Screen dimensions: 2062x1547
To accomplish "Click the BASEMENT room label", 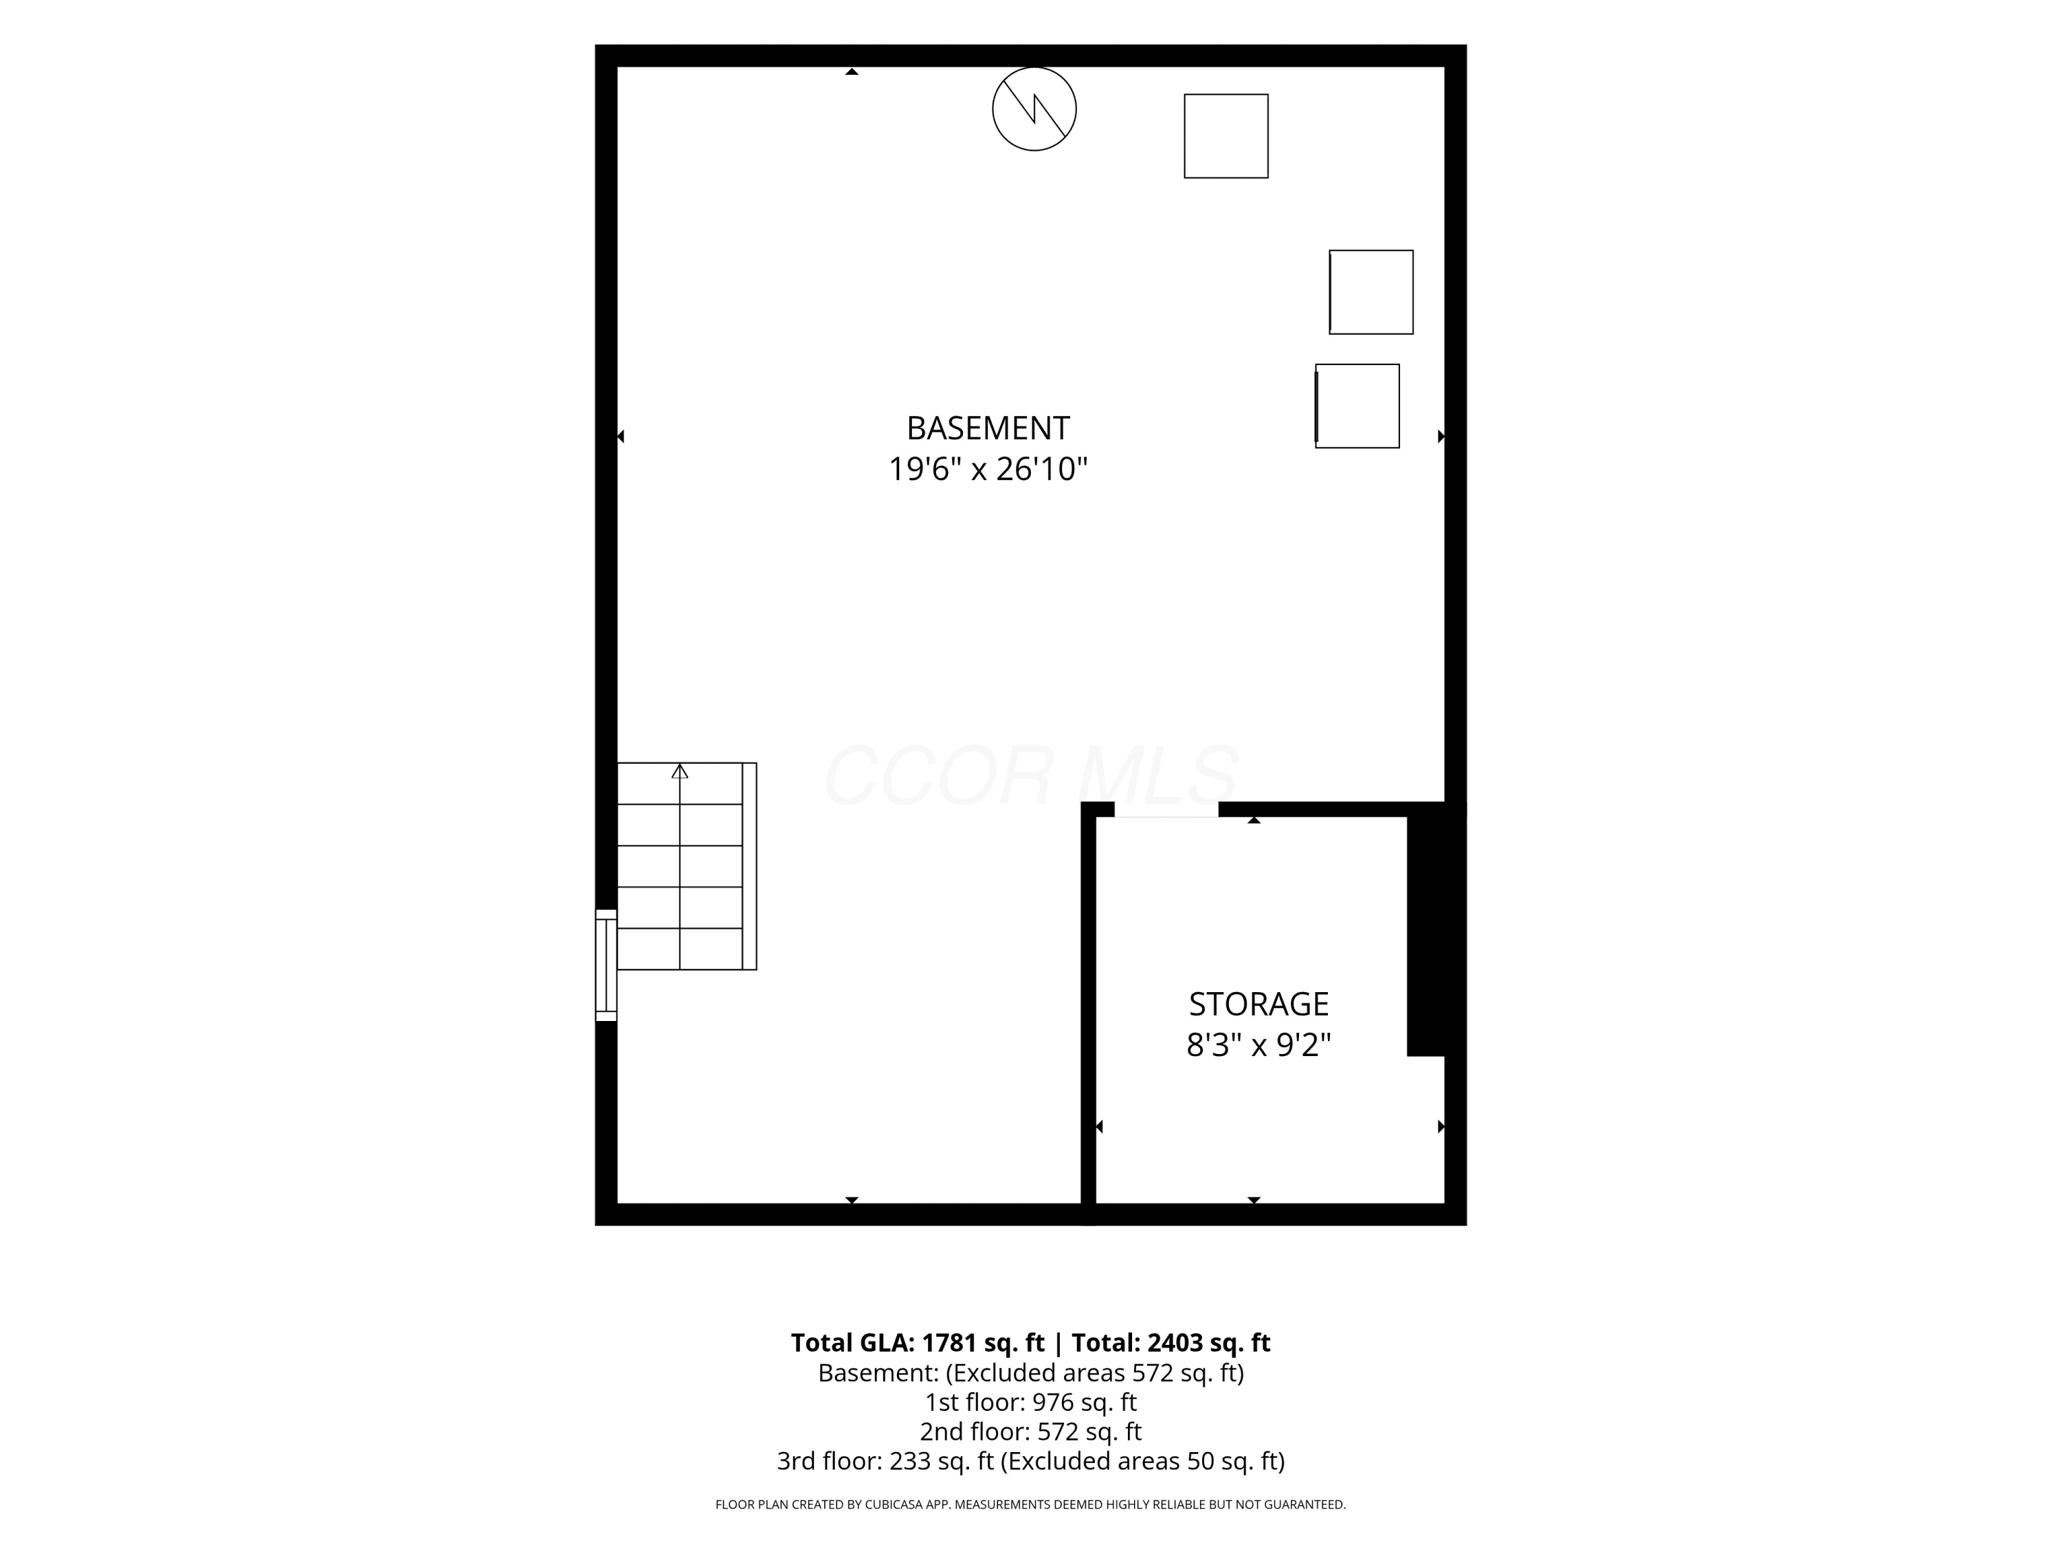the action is [x=988, y=428].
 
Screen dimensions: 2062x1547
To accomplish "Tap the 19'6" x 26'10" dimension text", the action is [x=988, y=469].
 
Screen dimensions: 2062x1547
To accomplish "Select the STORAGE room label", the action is [x=1259, y=1005].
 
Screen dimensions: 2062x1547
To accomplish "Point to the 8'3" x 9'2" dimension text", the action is [x=1259, y=1045].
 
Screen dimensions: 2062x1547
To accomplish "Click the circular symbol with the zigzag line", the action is [x=1034, y=109].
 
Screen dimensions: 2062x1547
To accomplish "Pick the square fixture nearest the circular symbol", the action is [x=1226, y=136].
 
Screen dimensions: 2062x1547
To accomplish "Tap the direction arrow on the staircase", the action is [x=680, y=772].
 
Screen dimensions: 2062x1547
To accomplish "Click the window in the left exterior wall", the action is [x=606, y=965].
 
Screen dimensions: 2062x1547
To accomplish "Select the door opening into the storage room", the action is [x=1166, y=809].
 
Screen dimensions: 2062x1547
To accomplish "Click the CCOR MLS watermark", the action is [x=1031, y=775].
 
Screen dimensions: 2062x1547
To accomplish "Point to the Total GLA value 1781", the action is [x=950, y=1343].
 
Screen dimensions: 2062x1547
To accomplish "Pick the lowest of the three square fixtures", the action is [x=1357, y=406].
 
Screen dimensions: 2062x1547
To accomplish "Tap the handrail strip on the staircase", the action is [x=749, y=866].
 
